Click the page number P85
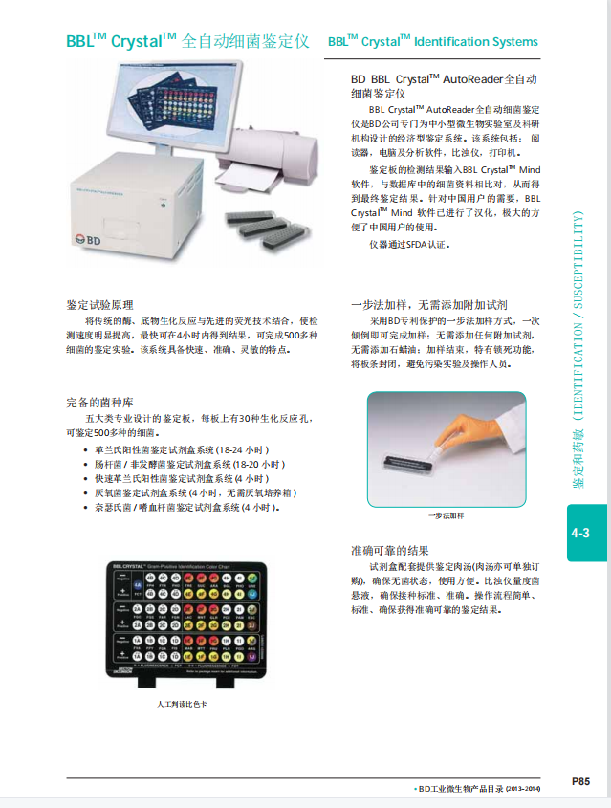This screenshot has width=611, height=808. (x=580, y=781)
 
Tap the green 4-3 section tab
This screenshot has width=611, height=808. (x=580, y=533)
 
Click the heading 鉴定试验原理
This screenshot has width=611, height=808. (x=100, y=303)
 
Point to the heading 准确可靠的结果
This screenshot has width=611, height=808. (x=390, y=551)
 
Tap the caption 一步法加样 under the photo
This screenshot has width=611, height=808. (x=446, y=515)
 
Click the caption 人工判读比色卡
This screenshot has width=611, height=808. (x=182, y=704)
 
